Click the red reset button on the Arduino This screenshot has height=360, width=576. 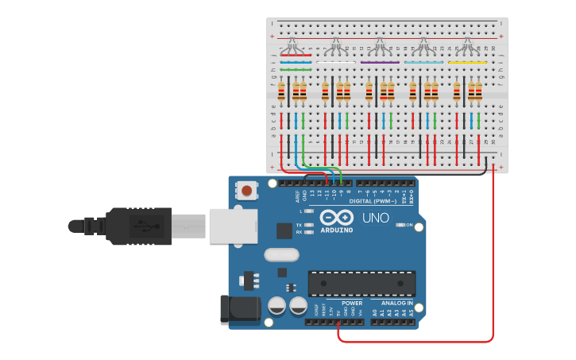coord(248,191)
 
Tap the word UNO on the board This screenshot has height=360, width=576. coord(375,218)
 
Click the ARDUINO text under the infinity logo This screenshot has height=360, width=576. coord(337,230)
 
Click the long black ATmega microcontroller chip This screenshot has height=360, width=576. coord(361,284)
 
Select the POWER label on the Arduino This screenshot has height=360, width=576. coord(351,303)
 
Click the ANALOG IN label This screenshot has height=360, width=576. coord(398,303)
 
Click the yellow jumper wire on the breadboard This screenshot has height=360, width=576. coord(467,61)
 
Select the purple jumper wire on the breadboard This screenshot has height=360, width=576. coord(380,61)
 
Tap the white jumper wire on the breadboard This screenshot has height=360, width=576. coord(336,61)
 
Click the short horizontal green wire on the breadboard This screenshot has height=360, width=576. coord(296,69)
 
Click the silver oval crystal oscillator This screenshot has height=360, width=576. coord(282,255)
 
